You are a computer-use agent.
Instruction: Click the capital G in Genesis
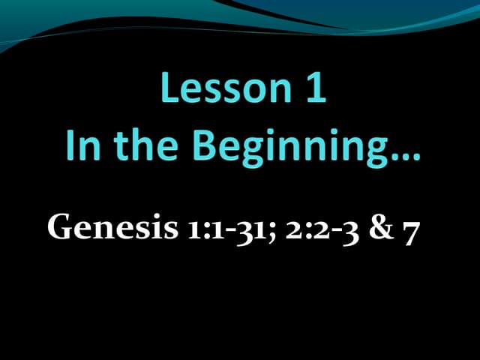pos(60,226)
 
